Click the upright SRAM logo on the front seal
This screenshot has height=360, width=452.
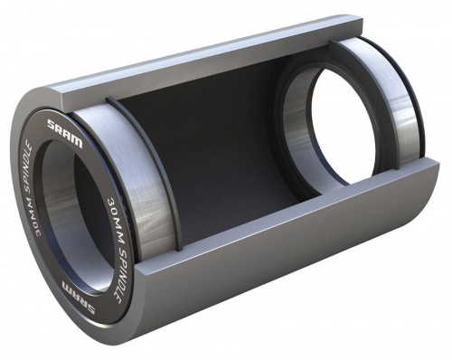pyautogui.click(x=64, y=133)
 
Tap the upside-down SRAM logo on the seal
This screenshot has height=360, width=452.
pyautogui.click(x=79, y=298)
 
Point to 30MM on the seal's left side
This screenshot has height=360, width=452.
pyautogui.click(x=36, y=214)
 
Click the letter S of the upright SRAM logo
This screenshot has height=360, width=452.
pyautogui.click(x=51, y=124)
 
